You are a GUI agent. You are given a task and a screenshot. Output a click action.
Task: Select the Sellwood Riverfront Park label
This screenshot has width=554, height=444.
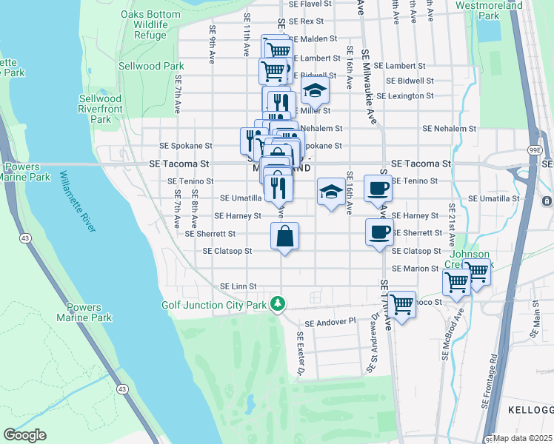[x=100, y=109]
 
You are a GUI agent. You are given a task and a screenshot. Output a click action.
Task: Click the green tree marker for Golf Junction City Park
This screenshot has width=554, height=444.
[x=278, y=303]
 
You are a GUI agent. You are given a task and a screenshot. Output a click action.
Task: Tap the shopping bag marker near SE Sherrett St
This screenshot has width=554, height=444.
[x=285, y=237]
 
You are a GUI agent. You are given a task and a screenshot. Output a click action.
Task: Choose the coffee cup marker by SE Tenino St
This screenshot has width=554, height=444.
[x=378, y=189]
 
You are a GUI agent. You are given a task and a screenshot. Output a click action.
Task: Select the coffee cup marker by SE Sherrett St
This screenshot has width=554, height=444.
[x=378, y=232]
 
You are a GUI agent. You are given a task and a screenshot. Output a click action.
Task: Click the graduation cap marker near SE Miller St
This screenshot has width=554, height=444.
[x=315, y=91]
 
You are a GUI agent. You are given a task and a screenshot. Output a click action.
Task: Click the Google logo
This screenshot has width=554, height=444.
[x=24, y=435]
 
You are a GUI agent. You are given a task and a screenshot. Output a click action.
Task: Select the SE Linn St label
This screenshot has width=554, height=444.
[x=238, y=286]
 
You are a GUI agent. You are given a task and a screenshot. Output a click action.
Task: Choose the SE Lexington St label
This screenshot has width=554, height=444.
[x=404, y=96]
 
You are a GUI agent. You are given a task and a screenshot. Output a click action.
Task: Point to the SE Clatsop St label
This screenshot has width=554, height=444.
[x=228, y=251]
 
